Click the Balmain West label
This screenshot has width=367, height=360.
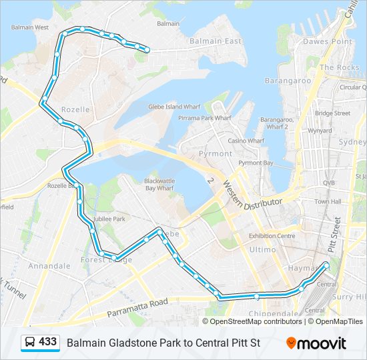[30, 28]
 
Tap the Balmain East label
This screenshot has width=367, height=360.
[214, 41]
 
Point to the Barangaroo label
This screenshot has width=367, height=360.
[288, 81]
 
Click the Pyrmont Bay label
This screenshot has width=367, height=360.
[256, 163]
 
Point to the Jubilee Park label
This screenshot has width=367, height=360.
[109, 219]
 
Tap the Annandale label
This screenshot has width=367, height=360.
[49, 265]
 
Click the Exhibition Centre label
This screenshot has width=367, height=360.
[272, 236]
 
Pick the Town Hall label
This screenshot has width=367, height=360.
[328, 201]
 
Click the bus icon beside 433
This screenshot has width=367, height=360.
[30, 343]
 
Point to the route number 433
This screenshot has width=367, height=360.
[48, 342]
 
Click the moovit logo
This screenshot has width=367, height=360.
[316, 343]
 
